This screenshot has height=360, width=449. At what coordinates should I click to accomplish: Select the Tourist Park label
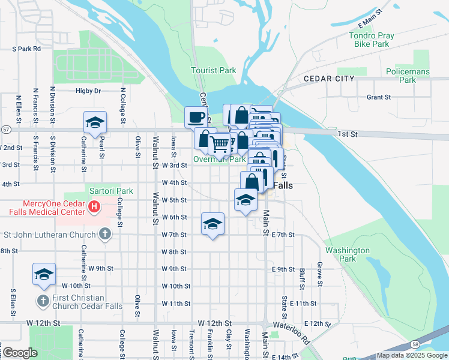click(213, 70)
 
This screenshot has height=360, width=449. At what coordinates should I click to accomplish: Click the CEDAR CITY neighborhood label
click(328, 79)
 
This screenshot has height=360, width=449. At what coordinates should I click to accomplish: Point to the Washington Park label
click(347, 254)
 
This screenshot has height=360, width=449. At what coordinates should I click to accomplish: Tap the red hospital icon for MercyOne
click(94, 207)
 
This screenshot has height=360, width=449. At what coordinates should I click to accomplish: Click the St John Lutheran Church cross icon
click(105, 233)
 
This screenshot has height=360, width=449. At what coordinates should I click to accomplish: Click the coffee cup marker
click(196, 116)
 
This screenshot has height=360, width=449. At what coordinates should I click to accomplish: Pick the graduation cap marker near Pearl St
click(95, 123)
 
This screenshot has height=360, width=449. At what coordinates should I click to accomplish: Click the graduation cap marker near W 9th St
click(44, 274)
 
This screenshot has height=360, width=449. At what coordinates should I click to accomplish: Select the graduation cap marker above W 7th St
click(212, 224)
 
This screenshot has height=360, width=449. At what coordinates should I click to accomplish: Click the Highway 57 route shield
click(5, 129)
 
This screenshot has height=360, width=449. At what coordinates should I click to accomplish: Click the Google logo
click(20, 353)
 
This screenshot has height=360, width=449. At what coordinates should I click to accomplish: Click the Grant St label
click(378, 97)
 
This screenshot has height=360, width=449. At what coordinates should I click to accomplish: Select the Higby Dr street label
click(88, 91)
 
